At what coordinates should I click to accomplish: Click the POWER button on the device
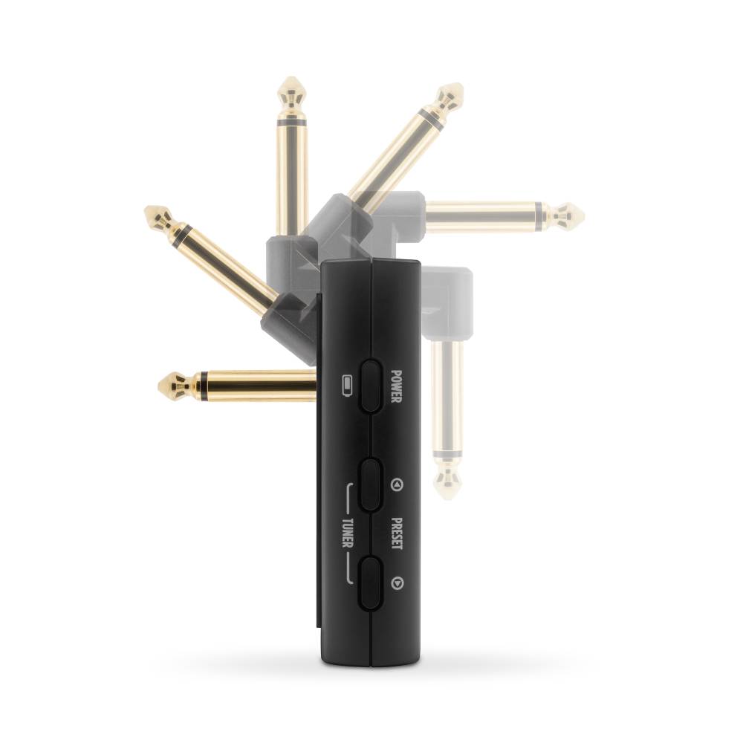click(371, 386)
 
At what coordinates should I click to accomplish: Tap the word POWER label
click(396, 386)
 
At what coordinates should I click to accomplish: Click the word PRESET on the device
click(397, 533)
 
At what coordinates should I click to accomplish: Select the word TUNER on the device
click(347, 533)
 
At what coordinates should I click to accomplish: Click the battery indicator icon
click(347, 386)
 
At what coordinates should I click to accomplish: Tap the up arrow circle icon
click(397, 484)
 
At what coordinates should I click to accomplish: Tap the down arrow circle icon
click(397, 583)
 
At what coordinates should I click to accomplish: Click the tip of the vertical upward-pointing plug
click(292, 77)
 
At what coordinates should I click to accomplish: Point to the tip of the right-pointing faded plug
click(584, 217)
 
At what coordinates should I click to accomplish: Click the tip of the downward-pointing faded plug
click(447, 499)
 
